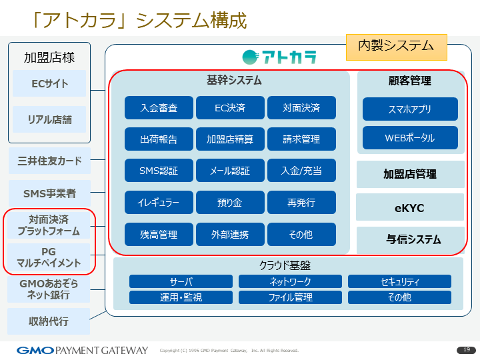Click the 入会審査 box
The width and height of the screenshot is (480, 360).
(159, 107)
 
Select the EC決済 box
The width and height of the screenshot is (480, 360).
(230, 107)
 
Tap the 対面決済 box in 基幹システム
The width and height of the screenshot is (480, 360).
(301, 107)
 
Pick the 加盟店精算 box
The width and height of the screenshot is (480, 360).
(230, 139)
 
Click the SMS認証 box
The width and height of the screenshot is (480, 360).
(159, 171)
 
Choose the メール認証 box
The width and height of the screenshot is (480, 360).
(230, 171)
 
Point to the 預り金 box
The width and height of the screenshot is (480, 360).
(230, 202)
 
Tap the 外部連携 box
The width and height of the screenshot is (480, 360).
(230, 234)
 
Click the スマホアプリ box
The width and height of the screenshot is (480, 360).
(410, 109)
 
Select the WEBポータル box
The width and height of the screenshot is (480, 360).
(410, 138)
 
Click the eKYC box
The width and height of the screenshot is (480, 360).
(410, 208)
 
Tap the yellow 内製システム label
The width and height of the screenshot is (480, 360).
(396, 46)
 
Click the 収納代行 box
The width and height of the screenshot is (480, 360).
(49, 321)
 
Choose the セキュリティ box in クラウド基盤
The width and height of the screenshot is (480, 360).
(399, 281)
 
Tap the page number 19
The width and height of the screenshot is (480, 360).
(466, 350)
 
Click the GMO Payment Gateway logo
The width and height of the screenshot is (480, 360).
(82, 350)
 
